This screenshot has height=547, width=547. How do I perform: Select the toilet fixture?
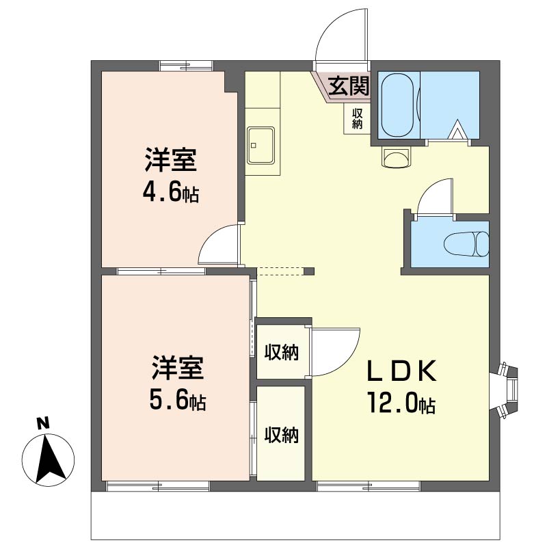pos(466,243)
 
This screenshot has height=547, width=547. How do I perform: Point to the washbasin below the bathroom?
pos(396,158)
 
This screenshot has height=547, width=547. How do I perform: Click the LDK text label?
pos(402,372)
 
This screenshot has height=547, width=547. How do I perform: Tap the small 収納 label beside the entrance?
pos(357,119)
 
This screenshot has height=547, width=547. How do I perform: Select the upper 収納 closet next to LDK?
pos(282,352)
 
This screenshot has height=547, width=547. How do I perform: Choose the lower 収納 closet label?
pos(282,434)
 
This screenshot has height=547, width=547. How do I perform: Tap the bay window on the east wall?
pos(509,389)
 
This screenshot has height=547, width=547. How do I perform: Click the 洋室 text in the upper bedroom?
pos(171,161)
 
